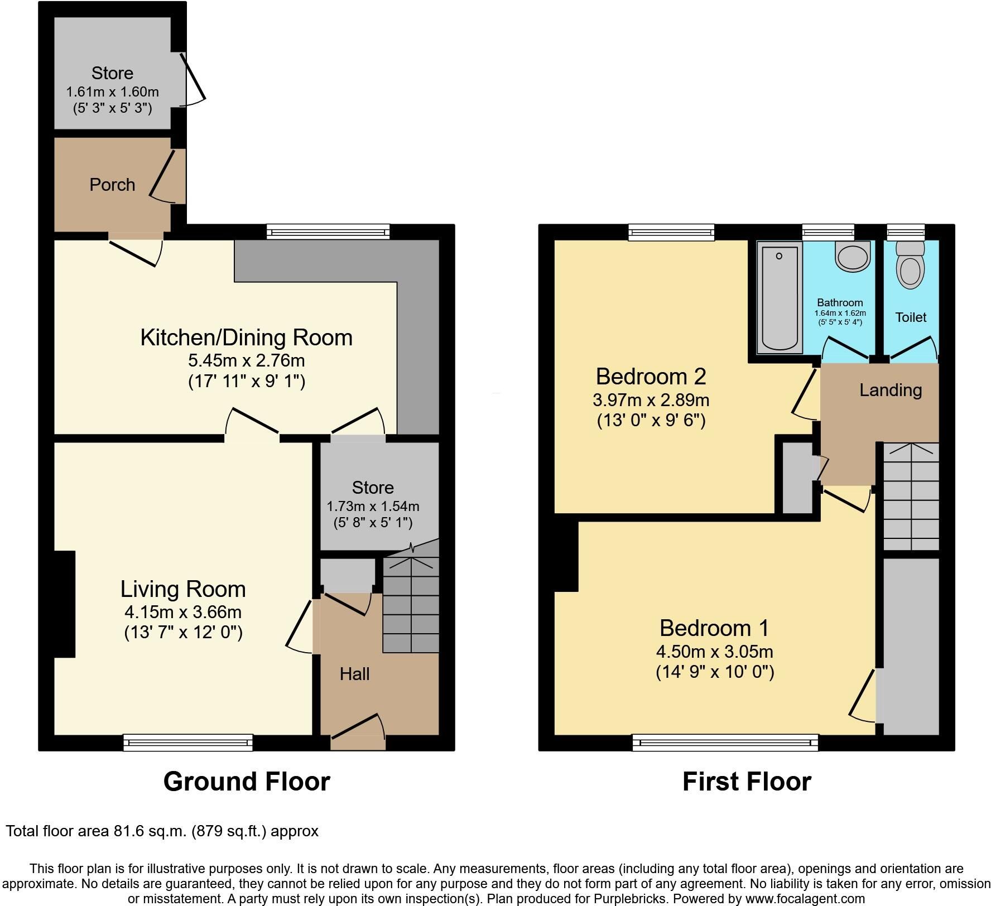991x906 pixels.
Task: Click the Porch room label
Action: tap(112, 185)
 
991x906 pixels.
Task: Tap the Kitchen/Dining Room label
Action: tap(246, 338)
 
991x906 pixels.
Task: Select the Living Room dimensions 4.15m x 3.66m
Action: tap(183, 612)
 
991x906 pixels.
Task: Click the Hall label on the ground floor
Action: tap(355, 674)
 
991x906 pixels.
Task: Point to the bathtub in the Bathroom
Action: tap(780, 299)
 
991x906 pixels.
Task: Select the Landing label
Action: tap(890, 390)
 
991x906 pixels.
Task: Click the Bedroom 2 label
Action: tap(651, 377)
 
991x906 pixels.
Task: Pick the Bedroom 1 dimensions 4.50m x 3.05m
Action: tap(715, 652)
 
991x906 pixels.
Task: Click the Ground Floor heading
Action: tap(247, 782)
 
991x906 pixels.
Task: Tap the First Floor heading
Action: tap(747, 782)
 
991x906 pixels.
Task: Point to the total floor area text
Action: tap(162, 831)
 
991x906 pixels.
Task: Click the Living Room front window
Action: tap(188, 742)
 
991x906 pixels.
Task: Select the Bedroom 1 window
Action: tap(725, 742)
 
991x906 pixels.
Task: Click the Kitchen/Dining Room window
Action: tap(328, 232)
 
